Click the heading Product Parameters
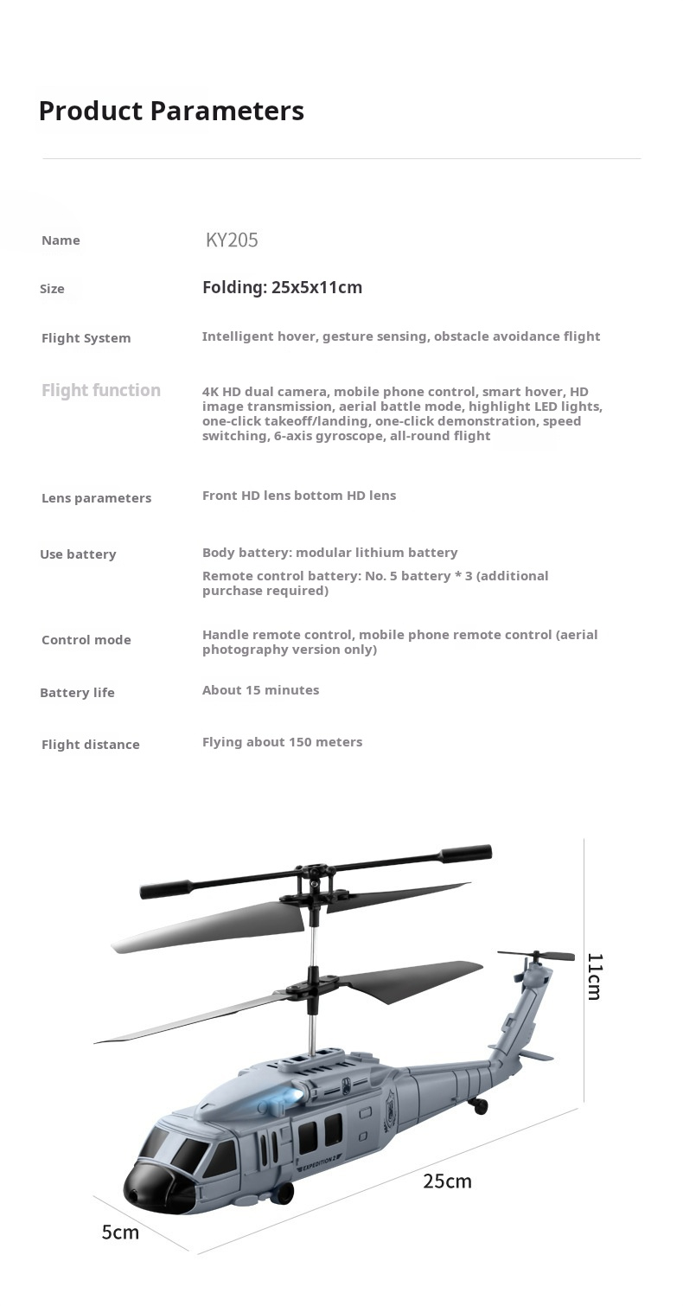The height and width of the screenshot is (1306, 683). coord(171,112)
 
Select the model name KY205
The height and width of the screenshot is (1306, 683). coord(232,240)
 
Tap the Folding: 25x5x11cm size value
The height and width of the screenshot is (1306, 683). coord(282,288)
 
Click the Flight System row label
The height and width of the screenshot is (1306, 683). coord(86,338)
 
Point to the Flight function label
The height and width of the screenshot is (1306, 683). coord(101,390)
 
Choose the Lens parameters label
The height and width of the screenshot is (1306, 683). coord(96,498)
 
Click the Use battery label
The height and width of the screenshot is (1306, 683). coord(78,554)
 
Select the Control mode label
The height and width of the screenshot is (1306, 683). coord(86,640)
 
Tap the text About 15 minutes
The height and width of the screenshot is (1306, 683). coord(260,690)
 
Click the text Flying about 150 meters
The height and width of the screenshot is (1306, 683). coord(282,742)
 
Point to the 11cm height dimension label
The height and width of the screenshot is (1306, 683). coord(595,976)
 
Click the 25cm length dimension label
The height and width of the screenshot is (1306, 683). coord(447,1181)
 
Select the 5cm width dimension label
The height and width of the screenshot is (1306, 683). coord(120,1232)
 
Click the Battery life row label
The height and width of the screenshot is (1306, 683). coord(77,693)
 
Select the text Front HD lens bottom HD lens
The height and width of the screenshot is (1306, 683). coord(298,496)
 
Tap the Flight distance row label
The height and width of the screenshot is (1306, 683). coord(90,745)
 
